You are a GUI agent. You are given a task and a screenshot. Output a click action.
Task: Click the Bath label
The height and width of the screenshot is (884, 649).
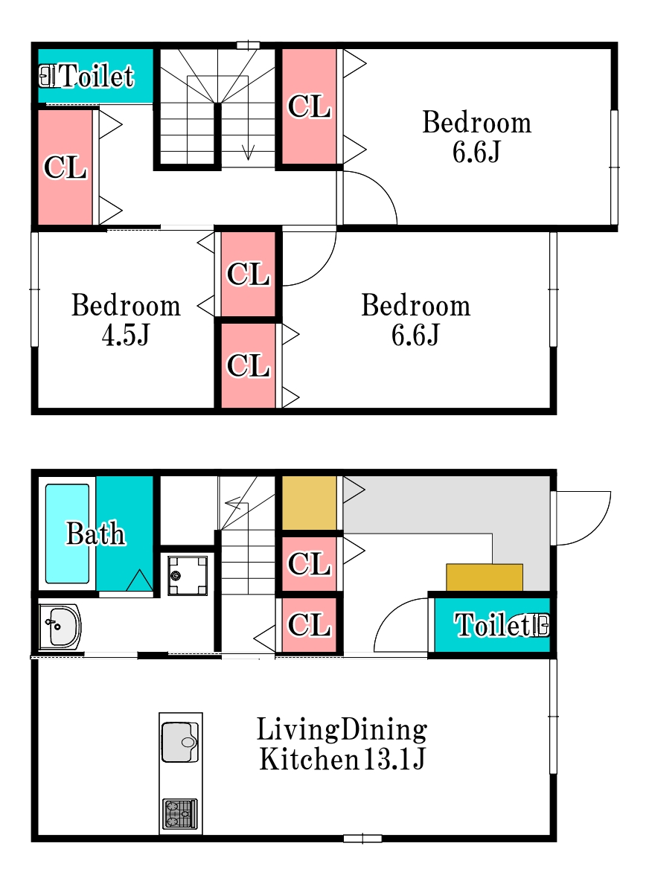coord(96,534)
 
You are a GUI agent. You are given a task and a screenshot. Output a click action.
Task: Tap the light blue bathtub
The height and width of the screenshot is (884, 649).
coord(67,534)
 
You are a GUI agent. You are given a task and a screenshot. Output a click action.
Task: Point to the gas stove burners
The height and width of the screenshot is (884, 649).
coord(180,814)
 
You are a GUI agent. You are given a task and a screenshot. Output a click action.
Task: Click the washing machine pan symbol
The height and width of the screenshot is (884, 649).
coord(188,576)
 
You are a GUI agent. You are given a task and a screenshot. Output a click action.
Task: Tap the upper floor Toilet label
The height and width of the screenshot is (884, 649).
coord(97,76)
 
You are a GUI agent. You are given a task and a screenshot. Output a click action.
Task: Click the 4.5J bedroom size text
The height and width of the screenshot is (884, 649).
coord(126,335)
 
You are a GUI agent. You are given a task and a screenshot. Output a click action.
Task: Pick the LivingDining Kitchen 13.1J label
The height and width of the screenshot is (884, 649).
coord(342,744)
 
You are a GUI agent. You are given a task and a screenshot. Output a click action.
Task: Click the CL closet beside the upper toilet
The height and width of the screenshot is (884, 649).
coord(65,167)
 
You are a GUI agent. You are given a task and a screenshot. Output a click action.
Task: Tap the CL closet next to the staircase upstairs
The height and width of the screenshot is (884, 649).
coord(309,106)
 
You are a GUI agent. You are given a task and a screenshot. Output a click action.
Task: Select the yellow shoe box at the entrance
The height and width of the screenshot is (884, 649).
coord(485,577)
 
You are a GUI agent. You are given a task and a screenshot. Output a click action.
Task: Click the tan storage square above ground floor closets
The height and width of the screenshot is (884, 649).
coord(309,503)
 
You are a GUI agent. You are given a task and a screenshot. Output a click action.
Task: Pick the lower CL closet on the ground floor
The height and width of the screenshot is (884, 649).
coord(309,625)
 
